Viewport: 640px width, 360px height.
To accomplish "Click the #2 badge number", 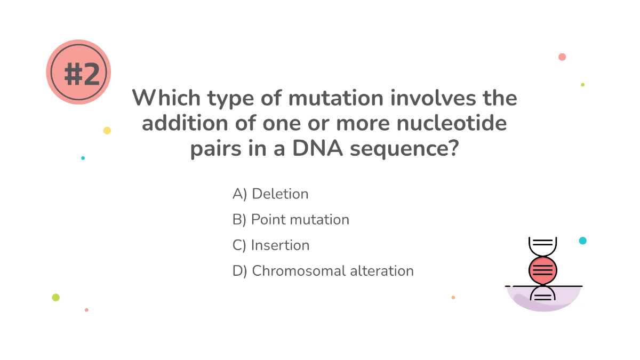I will [82, 74].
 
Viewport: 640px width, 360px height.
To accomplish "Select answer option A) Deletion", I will [270, 194].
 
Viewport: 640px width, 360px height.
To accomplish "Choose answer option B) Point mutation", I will [291, 220].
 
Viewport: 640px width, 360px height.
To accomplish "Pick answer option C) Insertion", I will [271, 245].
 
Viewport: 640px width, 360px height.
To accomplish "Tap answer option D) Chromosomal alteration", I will [323, 271].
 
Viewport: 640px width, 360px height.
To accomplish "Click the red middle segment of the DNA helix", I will [542, 270].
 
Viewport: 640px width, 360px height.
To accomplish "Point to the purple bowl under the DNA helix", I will [542, 300].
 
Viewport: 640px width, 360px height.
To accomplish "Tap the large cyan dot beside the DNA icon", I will [582, 241].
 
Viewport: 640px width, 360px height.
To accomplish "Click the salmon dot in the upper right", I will [562, 57].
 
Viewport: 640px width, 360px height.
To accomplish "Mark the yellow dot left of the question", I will [107, 131].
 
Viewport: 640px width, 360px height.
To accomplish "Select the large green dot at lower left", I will [55, 298].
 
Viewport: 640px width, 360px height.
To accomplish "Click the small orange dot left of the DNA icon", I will [453, 298].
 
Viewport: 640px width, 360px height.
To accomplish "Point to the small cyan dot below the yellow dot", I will [83, 158].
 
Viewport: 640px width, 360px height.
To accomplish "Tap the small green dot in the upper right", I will [582, 85].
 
